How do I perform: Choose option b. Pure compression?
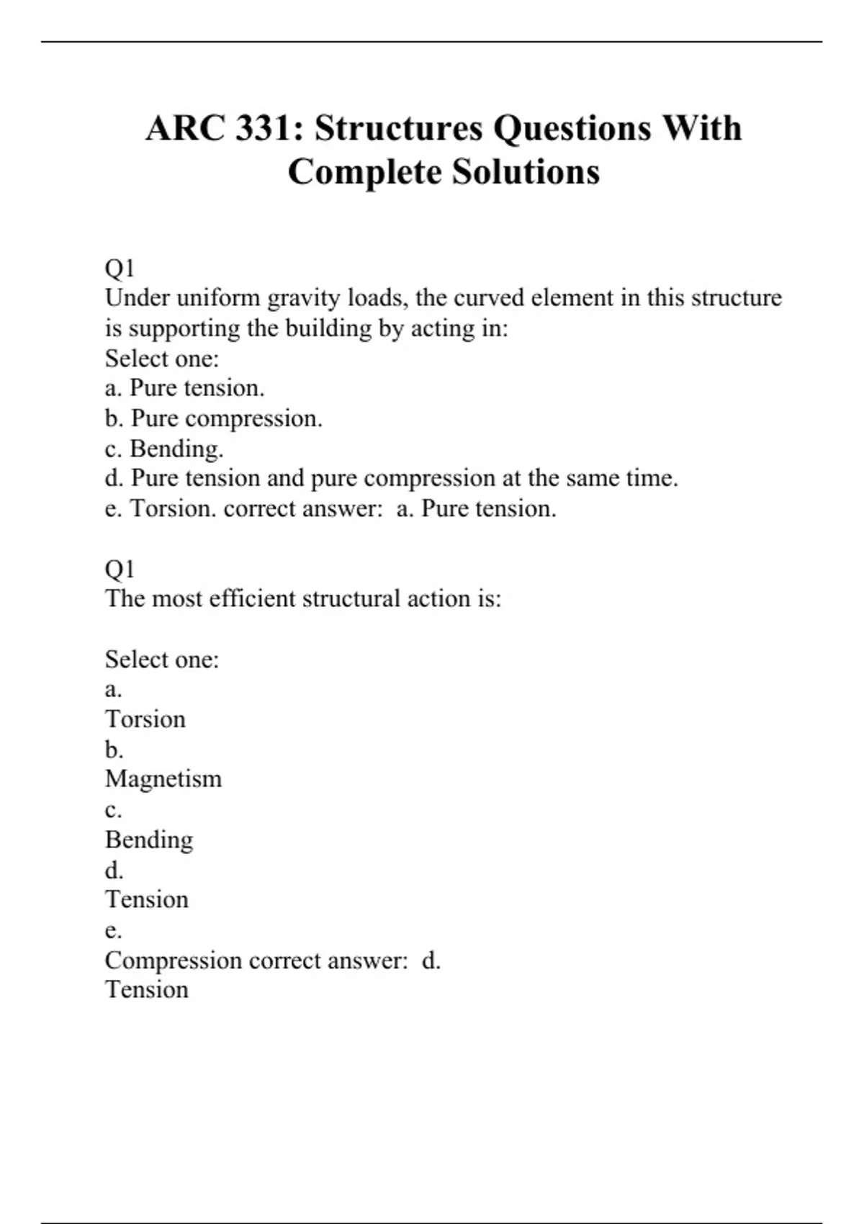click(214, 418)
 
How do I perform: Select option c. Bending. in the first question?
click(164, 449)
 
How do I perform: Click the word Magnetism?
click(163, 779)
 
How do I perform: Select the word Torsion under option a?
click(145, 719)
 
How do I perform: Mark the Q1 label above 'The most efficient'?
click(120, 569)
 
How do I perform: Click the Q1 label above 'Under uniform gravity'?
click(120, 269)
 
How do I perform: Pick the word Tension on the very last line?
click(147, 990)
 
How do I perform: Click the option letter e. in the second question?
click(113, 930)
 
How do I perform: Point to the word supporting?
click(184, 328)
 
